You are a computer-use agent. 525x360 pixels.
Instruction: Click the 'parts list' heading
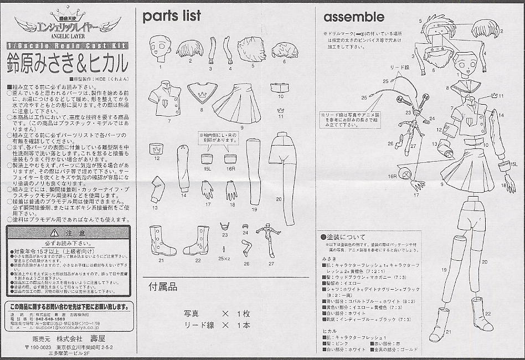coord(172,16)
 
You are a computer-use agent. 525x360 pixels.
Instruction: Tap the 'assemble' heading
coord(353,17)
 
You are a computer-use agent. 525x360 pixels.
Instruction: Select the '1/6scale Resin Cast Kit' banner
coord(66,45)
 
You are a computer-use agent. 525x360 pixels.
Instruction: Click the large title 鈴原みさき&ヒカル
coord(66,60)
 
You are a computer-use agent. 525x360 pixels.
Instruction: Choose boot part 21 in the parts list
coord(161,240)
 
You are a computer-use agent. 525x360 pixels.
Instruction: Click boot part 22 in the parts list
coord(197,240)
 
